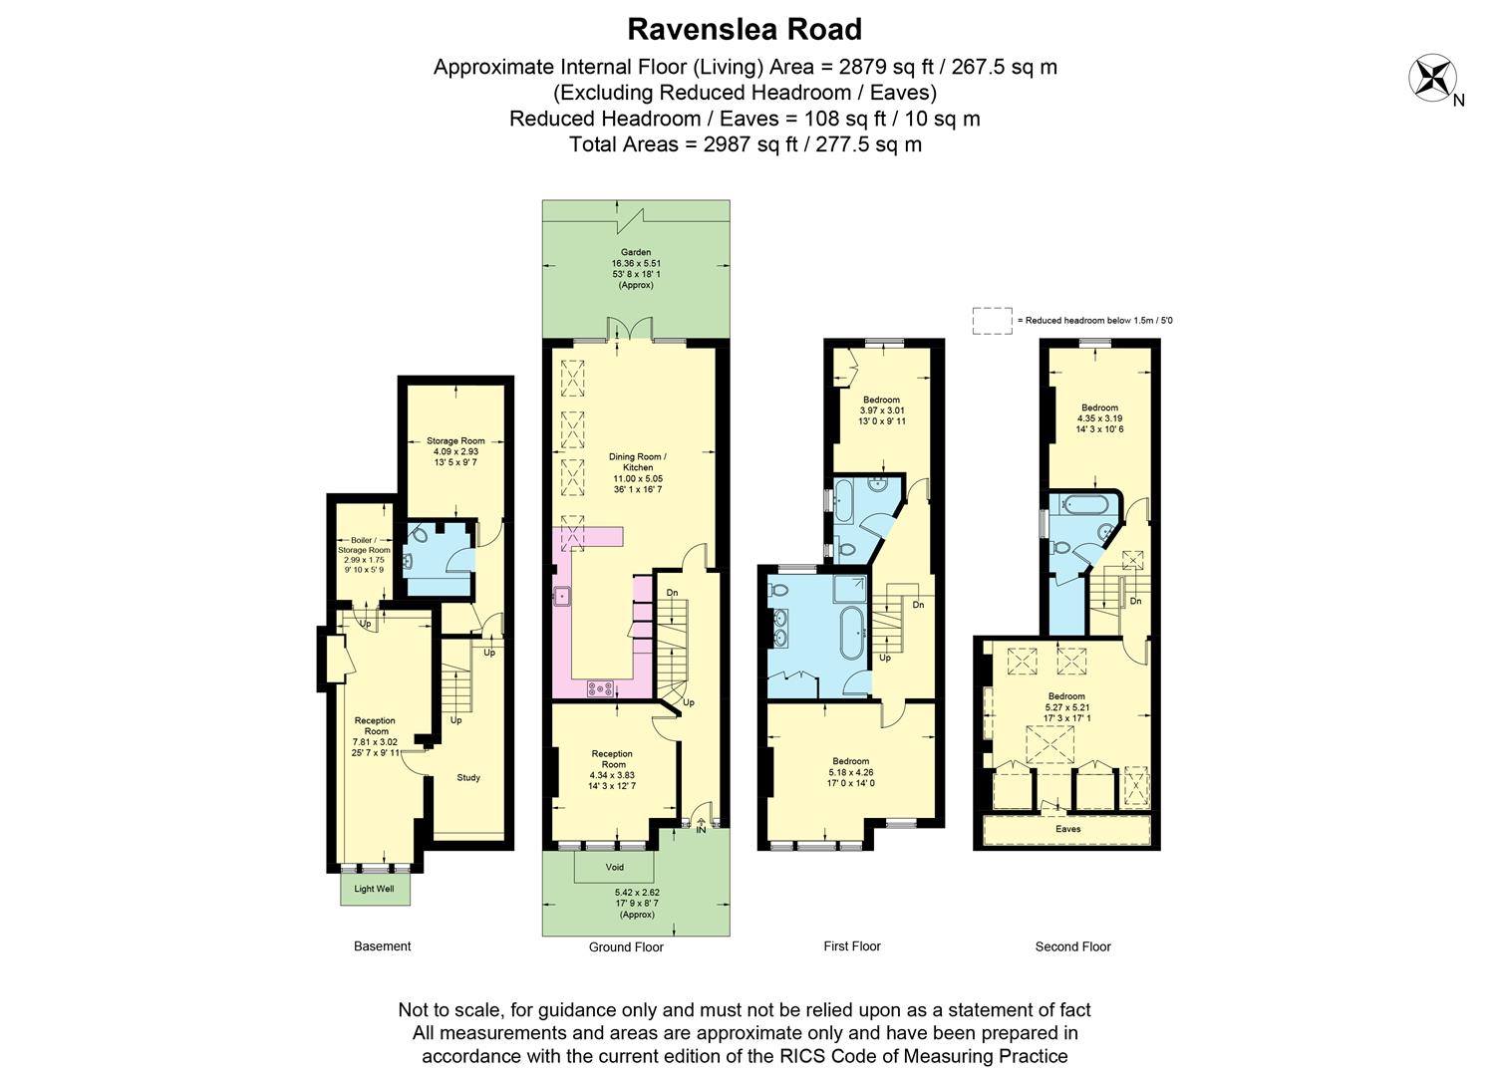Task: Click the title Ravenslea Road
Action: tap(745, 30)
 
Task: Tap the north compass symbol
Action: tap(1432, 79)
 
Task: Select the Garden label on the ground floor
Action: tap(636, 252)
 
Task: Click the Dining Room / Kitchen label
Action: tap(638, 461)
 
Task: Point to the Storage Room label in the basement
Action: tap(455, 440)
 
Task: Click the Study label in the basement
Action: tap(468, 777)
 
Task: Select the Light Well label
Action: tap(374, 889)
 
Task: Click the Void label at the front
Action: tap(615, 867)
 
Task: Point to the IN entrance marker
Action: tap(701, 829)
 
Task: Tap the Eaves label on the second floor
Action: tap(1067, 829)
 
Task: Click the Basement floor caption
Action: tap(382, 946)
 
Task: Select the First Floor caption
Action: tap(852, 946)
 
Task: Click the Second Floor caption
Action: tap(1072, 946)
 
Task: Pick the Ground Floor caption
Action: tap(626, 947)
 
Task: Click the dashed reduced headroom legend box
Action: tap(992, 320)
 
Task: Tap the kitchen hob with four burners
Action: tap(600, 686)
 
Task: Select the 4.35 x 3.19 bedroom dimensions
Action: tap(1099, 418)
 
